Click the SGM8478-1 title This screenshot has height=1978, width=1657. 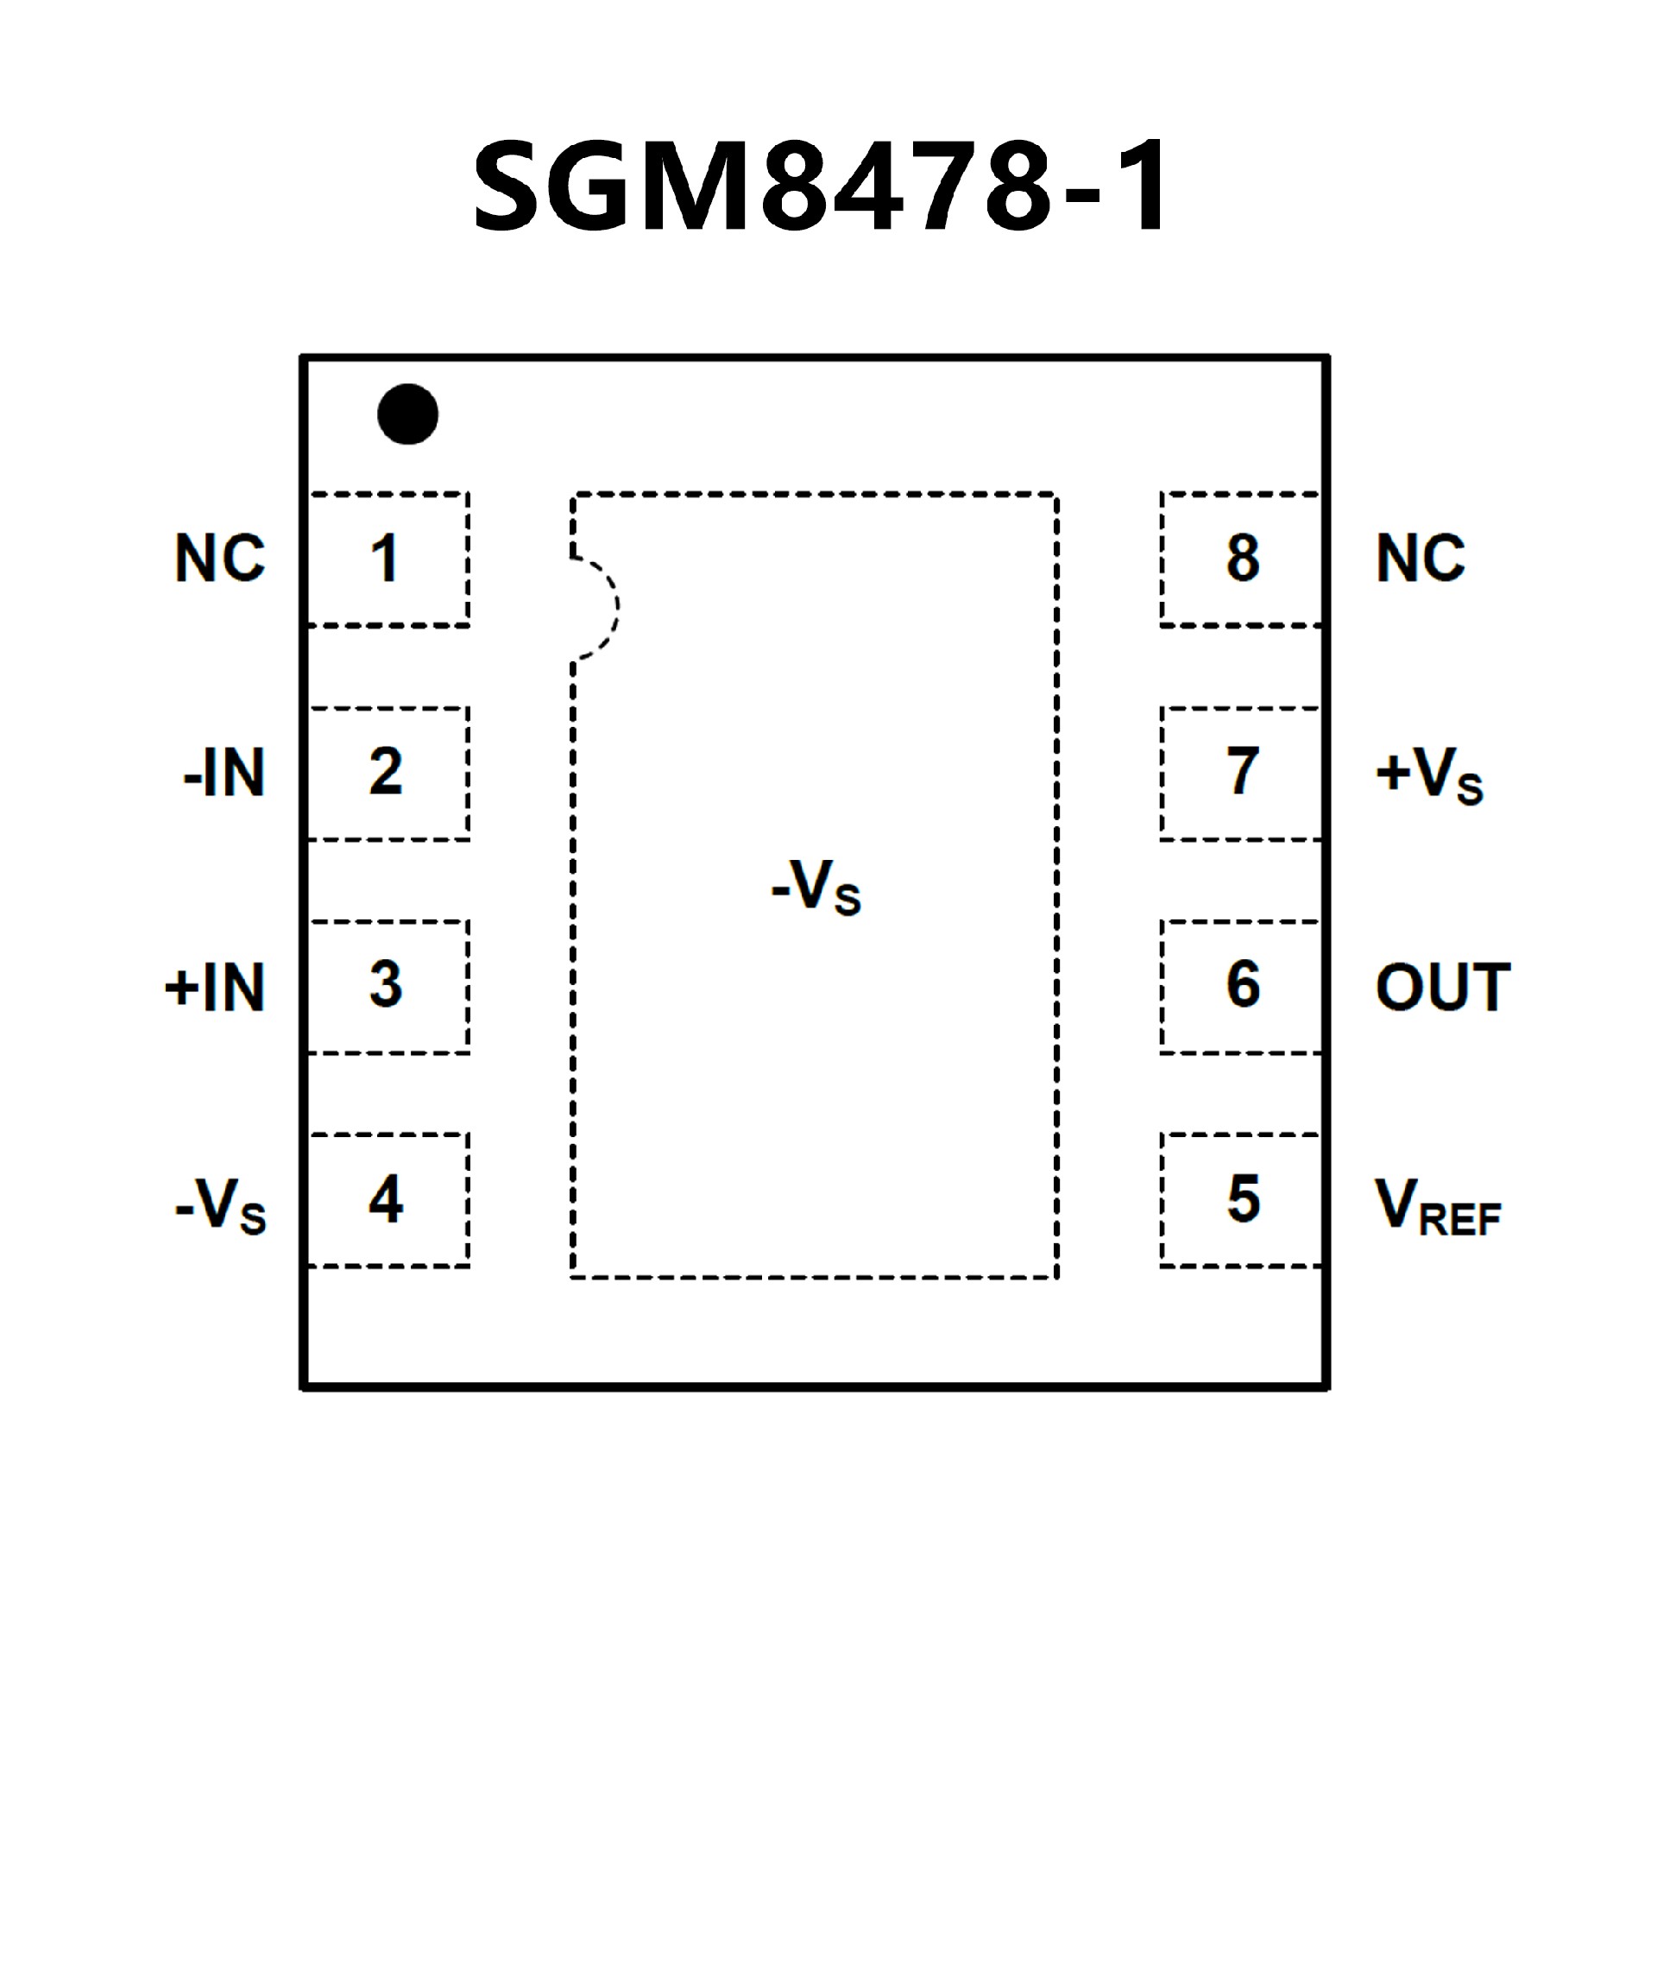tap(821, 185)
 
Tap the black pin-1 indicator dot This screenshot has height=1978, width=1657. tap(407, 414)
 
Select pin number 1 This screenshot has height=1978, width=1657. tap(384, 559)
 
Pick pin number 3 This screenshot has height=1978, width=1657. tap(386, 985)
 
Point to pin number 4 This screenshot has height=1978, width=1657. tap(386, 1199)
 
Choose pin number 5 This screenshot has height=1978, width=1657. tap(1244, 1199)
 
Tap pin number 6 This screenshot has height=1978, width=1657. tap(1244, 985)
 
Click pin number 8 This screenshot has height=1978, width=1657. tap(1244, 558)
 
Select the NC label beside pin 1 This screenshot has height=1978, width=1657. tap(220, 559)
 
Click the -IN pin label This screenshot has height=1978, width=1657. tap(224, 774)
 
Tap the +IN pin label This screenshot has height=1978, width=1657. tap(216, 988)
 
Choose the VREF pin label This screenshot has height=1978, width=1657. tap(1438, 1207)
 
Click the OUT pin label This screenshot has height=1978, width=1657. tap(1442, 987)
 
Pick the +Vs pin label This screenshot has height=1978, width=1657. tap(1429, 775)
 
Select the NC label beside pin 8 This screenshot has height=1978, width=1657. tap(1421, 559)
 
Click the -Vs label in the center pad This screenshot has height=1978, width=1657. tap(816, 888)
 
